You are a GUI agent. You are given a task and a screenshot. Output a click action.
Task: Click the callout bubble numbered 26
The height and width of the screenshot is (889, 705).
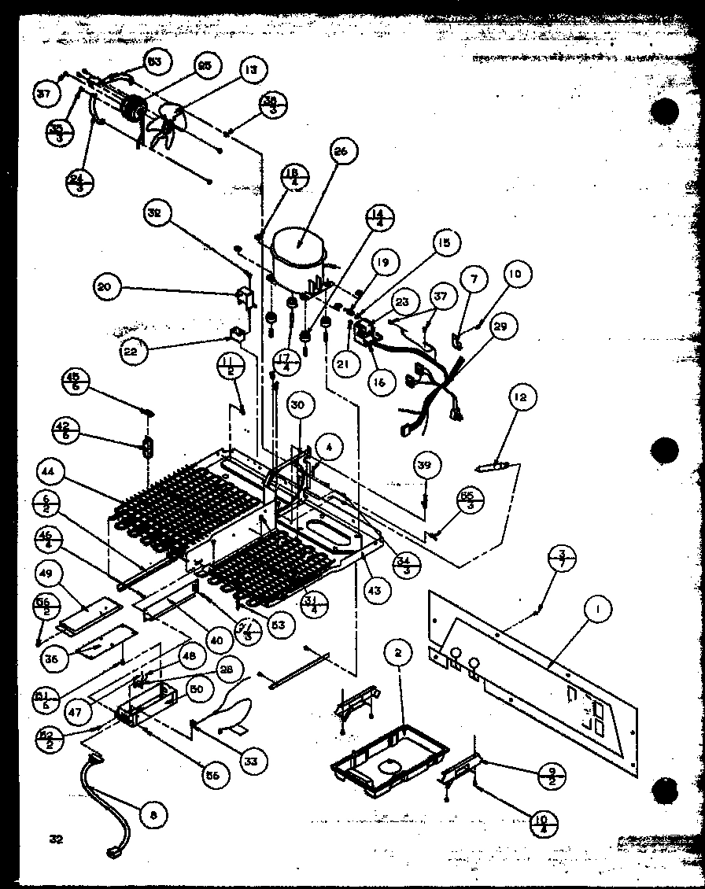click(x=344, y=150)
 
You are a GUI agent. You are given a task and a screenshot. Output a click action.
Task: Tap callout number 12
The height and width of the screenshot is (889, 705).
click(x=520, y=397)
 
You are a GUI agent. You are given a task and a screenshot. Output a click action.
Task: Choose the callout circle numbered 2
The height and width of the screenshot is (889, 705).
click(x=399, y=653)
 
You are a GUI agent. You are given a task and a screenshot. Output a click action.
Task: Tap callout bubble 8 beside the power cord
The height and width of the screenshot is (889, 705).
click(x=153, y=815)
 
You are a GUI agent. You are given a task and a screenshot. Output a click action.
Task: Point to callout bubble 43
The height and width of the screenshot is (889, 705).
click(x=373, y=590)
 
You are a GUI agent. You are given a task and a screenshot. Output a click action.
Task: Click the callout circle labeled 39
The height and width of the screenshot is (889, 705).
click(x=424, y=466)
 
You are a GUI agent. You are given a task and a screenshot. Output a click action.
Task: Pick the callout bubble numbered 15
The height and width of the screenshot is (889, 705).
click(x=445, y=243)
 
